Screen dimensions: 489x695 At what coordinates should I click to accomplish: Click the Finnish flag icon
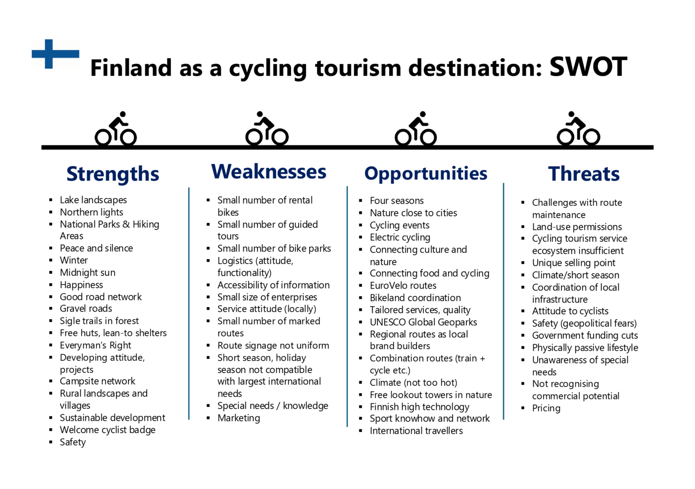click(55, 54)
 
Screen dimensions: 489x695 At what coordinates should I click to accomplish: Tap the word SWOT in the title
click(588, 67)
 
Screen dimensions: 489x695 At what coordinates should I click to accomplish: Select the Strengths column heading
click(112, 174)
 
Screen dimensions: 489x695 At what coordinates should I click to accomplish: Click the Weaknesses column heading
click(268, 172)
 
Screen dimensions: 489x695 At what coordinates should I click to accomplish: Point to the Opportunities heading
click(426, 173)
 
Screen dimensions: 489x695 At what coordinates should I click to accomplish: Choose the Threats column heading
click(584, 174)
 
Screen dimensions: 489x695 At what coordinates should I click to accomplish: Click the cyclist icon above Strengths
click(116, 129)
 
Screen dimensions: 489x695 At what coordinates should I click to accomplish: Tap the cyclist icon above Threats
click(578, 129)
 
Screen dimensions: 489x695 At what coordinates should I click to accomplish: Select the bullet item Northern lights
click(91, 212)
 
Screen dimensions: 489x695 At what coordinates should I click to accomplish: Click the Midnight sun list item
click(87, 273)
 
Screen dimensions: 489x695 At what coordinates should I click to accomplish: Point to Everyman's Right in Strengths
click(95, 345)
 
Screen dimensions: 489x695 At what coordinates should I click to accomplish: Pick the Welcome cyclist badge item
click(107, 430)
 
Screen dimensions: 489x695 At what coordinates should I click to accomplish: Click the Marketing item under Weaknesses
click(238, 418)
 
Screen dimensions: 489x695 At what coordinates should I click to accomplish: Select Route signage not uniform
click(273, 346)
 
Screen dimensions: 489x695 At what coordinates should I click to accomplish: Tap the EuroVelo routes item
click(403, 286)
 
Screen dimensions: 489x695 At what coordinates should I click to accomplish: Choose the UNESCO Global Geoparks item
click(423, 322)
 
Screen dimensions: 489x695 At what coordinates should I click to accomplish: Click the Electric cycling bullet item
click(400, 237)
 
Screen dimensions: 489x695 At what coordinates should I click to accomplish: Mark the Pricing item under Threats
click(546, 408)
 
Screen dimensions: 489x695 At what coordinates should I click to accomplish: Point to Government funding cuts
click(585, 335)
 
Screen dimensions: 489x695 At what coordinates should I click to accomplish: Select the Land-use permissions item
click(577, 227)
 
